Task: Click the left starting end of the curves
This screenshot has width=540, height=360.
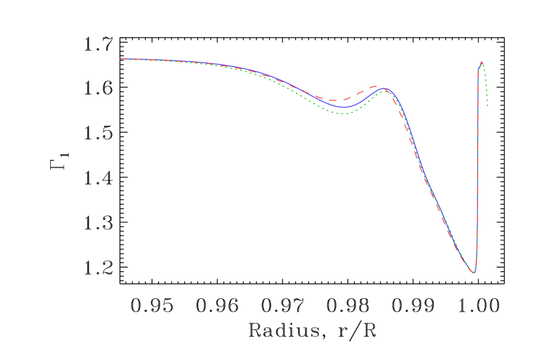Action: click(x=121, y=59)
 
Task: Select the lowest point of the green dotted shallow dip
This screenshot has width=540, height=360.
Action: click(x=344, y=114)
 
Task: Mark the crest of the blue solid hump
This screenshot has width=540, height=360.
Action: click(x=385, y=88)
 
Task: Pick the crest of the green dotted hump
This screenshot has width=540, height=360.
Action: click(x=386, y=90)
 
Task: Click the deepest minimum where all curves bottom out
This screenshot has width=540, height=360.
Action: click(x=474, y=272)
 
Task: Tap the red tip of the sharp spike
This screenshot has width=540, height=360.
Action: click(x=481, y=62)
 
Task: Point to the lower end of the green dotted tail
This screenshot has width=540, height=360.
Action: click(x=487, y=106)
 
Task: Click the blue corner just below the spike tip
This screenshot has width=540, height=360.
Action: click(x=479, y=68)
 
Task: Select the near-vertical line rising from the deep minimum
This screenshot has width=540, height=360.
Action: click(x=478, y=169)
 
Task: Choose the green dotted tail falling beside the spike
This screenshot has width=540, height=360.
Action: click(x=485, y=85)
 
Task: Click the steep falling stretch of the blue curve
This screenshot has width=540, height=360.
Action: click(x=410, y=140)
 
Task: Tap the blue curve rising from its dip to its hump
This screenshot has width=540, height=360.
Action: click(x=366, y=98)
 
